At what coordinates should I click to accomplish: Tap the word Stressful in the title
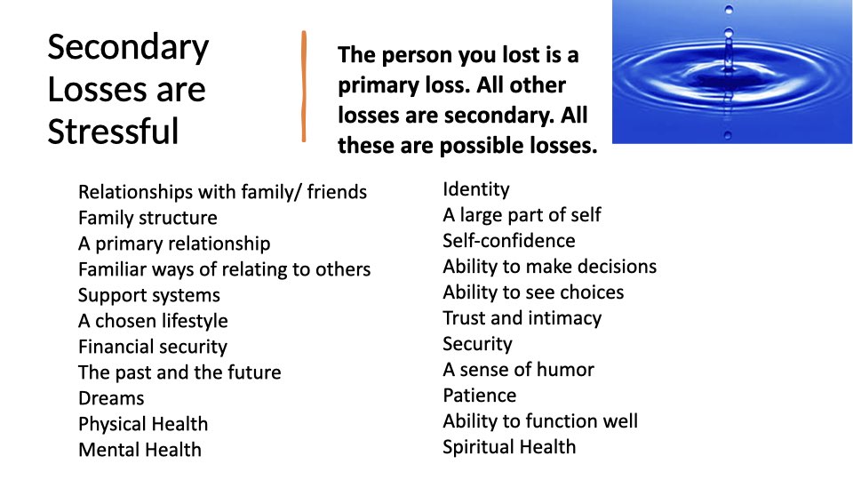[x=113, y=132]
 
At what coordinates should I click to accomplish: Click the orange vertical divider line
[x=304, y=86]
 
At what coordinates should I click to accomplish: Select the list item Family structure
[x=148, y=218]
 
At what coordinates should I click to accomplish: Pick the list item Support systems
[x=149, y=295]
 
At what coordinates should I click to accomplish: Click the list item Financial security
[x=153, y=348]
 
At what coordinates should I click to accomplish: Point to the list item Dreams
[x=112, y=398]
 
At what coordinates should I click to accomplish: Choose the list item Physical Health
[x=143, y=425]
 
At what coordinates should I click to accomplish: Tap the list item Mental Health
[x=140, y=450]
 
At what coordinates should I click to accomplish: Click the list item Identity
[x=476, y=189]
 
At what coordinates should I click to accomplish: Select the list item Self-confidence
[x=508, y=241]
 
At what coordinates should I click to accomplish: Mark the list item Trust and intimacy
[x=522, y=318]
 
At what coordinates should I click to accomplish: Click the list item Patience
[x=479, y=396]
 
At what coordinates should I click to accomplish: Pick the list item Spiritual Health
[x=509, y=447]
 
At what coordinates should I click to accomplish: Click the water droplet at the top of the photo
[x=729, y=9]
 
